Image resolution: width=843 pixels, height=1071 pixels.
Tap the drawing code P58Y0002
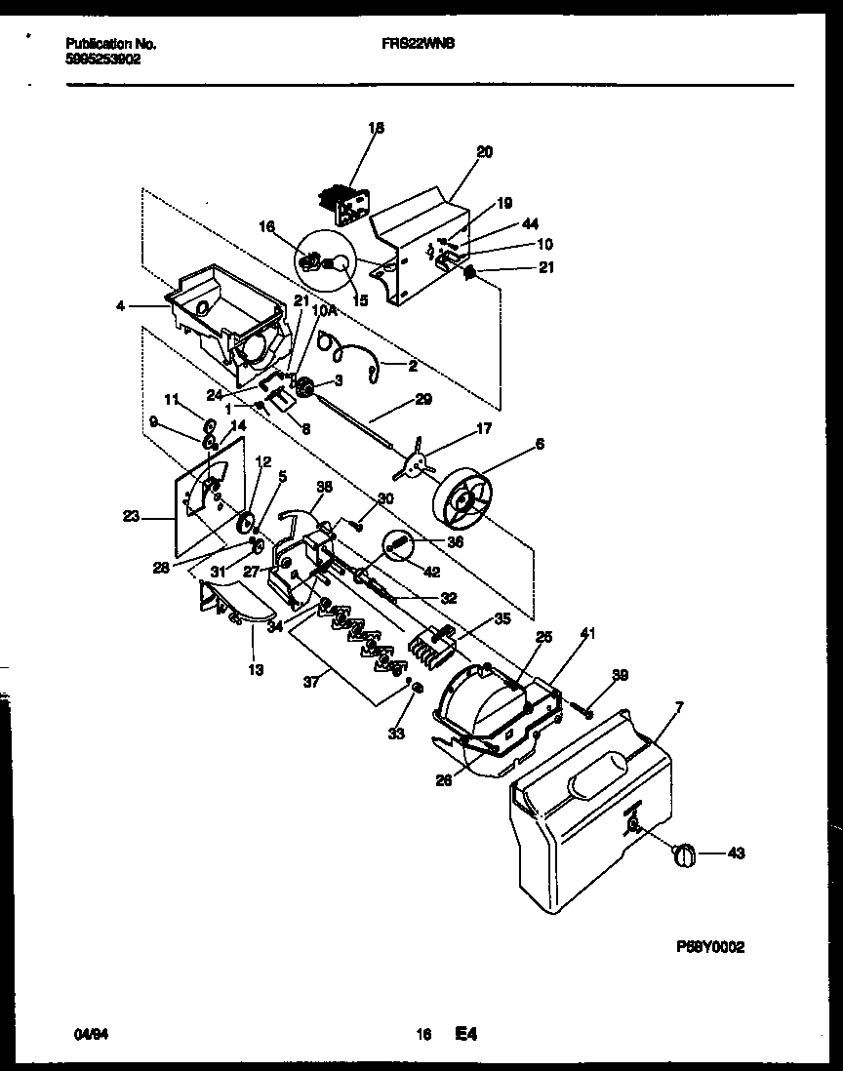coord(716,946)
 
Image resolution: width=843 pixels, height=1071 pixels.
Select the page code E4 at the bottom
coord(465,1032)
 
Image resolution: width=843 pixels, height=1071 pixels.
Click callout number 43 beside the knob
coord(737,854)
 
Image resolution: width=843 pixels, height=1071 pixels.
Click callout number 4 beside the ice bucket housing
coord(119,306)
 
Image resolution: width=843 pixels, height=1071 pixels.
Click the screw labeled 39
coord(589,711)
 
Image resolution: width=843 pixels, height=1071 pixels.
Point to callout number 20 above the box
coord(484,151)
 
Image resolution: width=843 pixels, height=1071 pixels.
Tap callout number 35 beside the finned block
coord(502,617)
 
